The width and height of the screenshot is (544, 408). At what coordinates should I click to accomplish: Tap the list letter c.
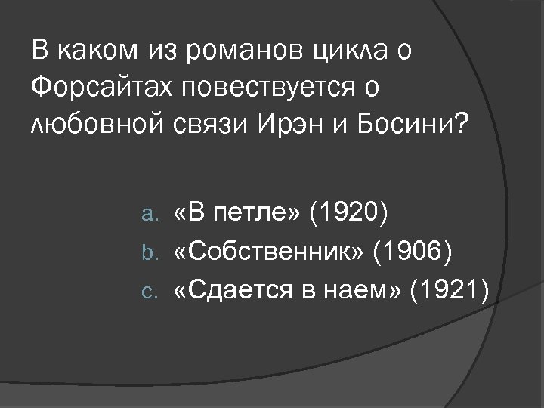click(149, 289)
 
